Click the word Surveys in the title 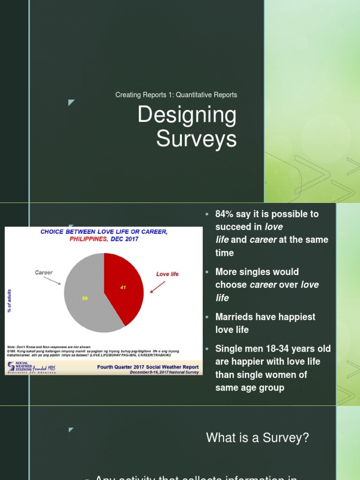tap(196, 139)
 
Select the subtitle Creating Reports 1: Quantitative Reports tap(176, 95)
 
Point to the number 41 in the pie tap(123, 287)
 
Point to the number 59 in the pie tap(85, 298)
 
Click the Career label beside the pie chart tap(44, 272)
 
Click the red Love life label tap(167, 274)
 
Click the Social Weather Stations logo tap(31, 367)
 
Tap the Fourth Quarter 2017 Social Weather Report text tap(148, 367)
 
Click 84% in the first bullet tap(225, 214)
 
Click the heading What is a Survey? tap(257, 438)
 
